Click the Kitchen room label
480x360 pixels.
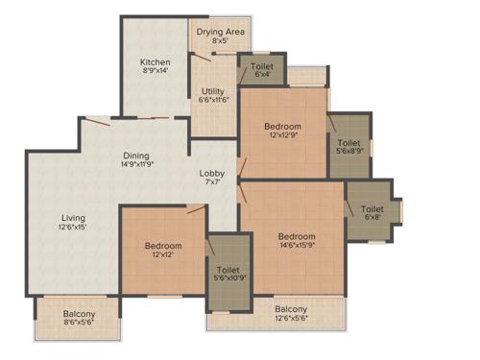[x=156, y=60]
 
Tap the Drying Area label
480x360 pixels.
[x=220, y=32]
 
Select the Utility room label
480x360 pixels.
[x=212, y=90]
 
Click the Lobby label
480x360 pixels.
[x=212, y=174]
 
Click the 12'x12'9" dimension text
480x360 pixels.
[x=283, y=136]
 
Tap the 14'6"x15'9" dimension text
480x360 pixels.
[x=296, y=247]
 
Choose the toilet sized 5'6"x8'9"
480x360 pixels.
[x=348, y=145]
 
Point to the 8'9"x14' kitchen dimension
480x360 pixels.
[x=155, y=70]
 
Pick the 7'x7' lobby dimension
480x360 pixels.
[x=212, y=183]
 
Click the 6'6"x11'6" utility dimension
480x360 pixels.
[x=212, y=100]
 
